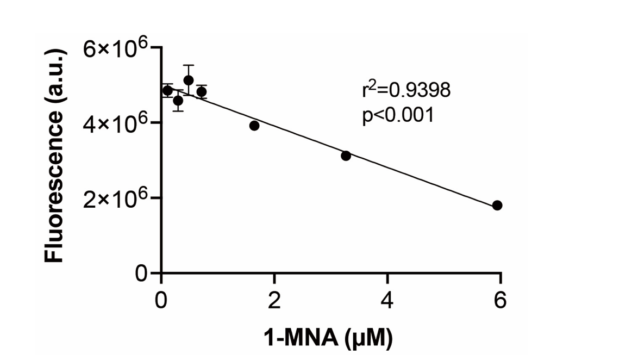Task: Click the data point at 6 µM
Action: coord(497,205)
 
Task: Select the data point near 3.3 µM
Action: coord(346,156)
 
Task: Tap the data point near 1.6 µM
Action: coord(254,126)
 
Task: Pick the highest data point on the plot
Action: coord(189,80)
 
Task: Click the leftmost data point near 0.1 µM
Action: coord(167,90)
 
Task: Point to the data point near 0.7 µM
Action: coord(201,91)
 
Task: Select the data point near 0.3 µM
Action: coord(178,101)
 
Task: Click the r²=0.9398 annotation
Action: coord(406,90)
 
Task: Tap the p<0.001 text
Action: coord(398,115)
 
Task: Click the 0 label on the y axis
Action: coord(141,273)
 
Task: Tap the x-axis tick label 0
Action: coord(161,300)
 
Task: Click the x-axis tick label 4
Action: coord(387,300)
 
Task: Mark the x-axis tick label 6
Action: coord(500,300)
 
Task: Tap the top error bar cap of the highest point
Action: coord(189,65)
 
